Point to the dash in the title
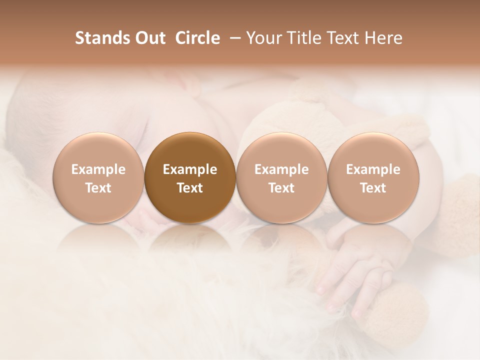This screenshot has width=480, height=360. tap(233, 38)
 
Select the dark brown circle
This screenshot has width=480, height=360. tap(190, 150)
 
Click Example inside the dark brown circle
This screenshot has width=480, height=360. tap(190, 169)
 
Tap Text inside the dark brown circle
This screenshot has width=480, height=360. tap(190, 188)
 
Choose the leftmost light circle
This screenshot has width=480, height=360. tap(98, 150)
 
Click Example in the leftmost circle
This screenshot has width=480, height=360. tap(98, 169)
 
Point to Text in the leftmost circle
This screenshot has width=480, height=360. tap(98, 188)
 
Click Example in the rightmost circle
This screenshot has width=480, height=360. tap(373, 169)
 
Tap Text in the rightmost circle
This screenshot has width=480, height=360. tap(373, 188)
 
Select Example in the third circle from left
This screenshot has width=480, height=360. tap(281, 169)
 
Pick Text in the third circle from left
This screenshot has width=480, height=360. tap(281, 188)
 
